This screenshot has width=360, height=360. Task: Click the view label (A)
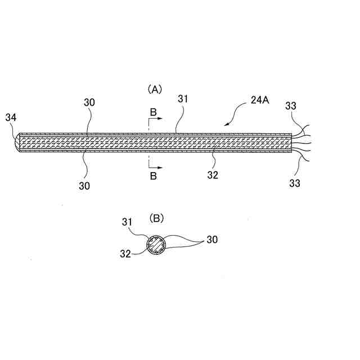point(155,89)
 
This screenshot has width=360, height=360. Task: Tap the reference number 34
point(11,117)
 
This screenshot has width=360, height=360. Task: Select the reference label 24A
point(259,104)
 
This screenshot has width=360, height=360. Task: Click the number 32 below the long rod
point(212,175)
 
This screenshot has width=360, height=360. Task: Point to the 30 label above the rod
point(89,102)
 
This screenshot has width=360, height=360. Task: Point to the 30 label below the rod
point(84,185)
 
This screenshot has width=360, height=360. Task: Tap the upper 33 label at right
point(292,105)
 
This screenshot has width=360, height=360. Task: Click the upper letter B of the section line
point(154,113)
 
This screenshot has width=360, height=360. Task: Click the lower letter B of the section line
point(154,176)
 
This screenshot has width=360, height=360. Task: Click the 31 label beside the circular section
point(127,222)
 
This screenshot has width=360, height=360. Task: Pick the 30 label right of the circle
point(212,240)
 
